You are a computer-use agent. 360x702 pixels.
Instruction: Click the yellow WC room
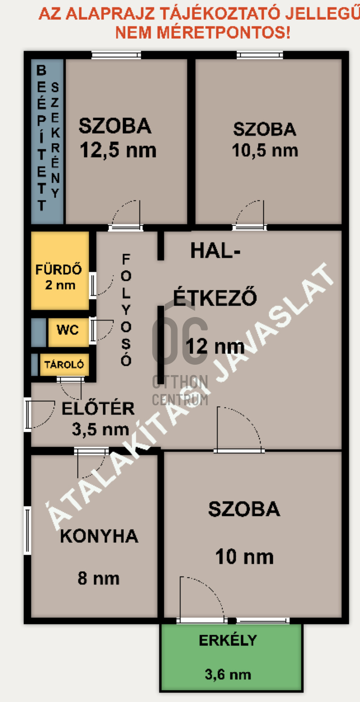pyautogui.click(x=68, y=332)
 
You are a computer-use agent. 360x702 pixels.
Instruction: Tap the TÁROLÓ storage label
pyautogui.click(x=64, y=364)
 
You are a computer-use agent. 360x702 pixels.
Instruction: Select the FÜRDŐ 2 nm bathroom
pyautogui.click(x=60, y=270)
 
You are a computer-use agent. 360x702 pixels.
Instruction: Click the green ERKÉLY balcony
pyautogui.click(x=231, y=657)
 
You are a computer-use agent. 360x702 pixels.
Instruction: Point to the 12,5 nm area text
pyautogui.click(x=118, y=150)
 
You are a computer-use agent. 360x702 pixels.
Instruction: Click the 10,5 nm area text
pyautogui.click(x=265, y=151)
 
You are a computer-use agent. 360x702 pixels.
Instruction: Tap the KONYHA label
pyautogui.click(x=99, y=536)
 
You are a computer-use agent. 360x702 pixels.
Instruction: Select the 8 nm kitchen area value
pyautogui.click(x=99, y=578)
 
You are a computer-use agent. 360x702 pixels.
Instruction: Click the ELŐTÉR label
pyautogui.click(x=98, y=408)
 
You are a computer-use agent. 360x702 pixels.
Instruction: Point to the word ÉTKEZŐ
pyautogui.click(x=215, y=297)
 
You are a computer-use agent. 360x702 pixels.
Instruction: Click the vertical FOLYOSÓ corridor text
pyautogui.click(x=126, y=310)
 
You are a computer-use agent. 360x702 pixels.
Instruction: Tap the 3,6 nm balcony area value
pyautogui.click(x=228, y=674)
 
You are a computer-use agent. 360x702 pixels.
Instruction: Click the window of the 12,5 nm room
pyautogui.click(x=117, y=55)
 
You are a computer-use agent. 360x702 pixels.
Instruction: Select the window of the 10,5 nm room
pyautogui.click(x=260, y=55)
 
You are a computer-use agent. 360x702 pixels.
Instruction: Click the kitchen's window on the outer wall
pyautogui.click(x=27, y=530)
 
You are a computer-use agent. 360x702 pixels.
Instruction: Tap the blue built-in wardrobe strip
pyautogui.click(x=48, y=141)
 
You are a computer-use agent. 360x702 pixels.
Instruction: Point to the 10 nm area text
pyautogui.click(x=245, y=557)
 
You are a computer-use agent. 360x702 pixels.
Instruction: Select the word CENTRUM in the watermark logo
pyautogui.click(x=180, y=400)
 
